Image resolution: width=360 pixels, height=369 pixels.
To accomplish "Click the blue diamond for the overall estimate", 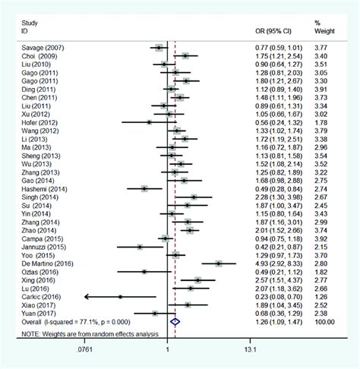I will pos(175,321).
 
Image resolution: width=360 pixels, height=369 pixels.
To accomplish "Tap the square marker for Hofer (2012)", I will pos(149,121).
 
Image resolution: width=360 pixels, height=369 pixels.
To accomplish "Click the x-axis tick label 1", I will pos(167,350).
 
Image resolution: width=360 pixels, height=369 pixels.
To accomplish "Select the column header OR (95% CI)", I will pos(274,31).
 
